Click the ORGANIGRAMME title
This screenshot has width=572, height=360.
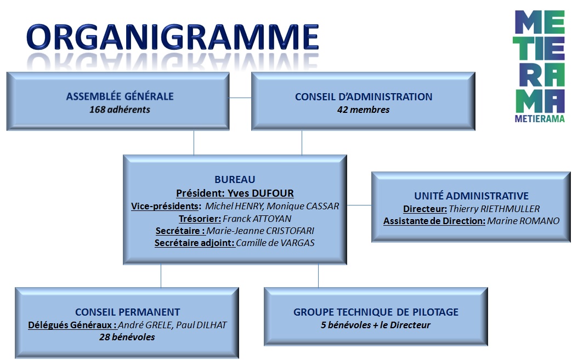click(x=173, y=37)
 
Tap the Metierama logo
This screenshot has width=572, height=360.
click(x=540, y=66)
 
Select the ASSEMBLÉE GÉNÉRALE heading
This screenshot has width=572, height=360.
click(x=120, y=96)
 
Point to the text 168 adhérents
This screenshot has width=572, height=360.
click(x=120, y=109)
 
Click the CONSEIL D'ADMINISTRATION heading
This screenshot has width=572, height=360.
click(x=364, y=96)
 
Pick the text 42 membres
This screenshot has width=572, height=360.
click(x=364, y=110)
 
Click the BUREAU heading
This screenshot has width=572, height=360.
click(x=235, y=179)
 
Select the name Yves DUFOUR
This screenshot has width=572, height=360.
click(x=260, y=193)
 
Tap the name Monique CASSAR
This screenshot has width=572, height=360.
click(x=303, y=206)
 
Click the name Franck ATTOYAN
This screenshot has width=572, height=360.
click(x=257, y=219)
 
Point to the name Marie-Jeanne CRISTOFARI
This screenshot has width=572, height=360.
click(x=260, y=231)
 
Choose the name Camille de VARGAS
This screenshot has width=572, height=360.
click(x=275, y=243)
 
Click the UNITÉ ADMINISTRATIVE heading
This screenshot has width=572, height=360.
click(x=471, y=196)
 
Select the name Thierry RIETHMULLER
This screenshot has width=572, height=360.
click(x=494, y=209)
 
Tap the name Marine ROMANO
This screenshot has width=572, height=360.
click(x=523, y=221)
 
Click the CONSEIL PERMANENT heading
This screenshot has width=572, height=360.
click(x=127, y=312)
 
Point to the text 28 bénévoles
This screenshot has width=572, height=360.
click(x=127, y=337)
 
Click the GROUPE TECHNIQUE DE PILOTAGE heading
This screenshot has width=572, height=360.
click(x=376, y=312)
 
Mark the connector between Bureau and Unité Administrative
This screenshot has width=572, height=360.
click(x=359, y=205)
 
